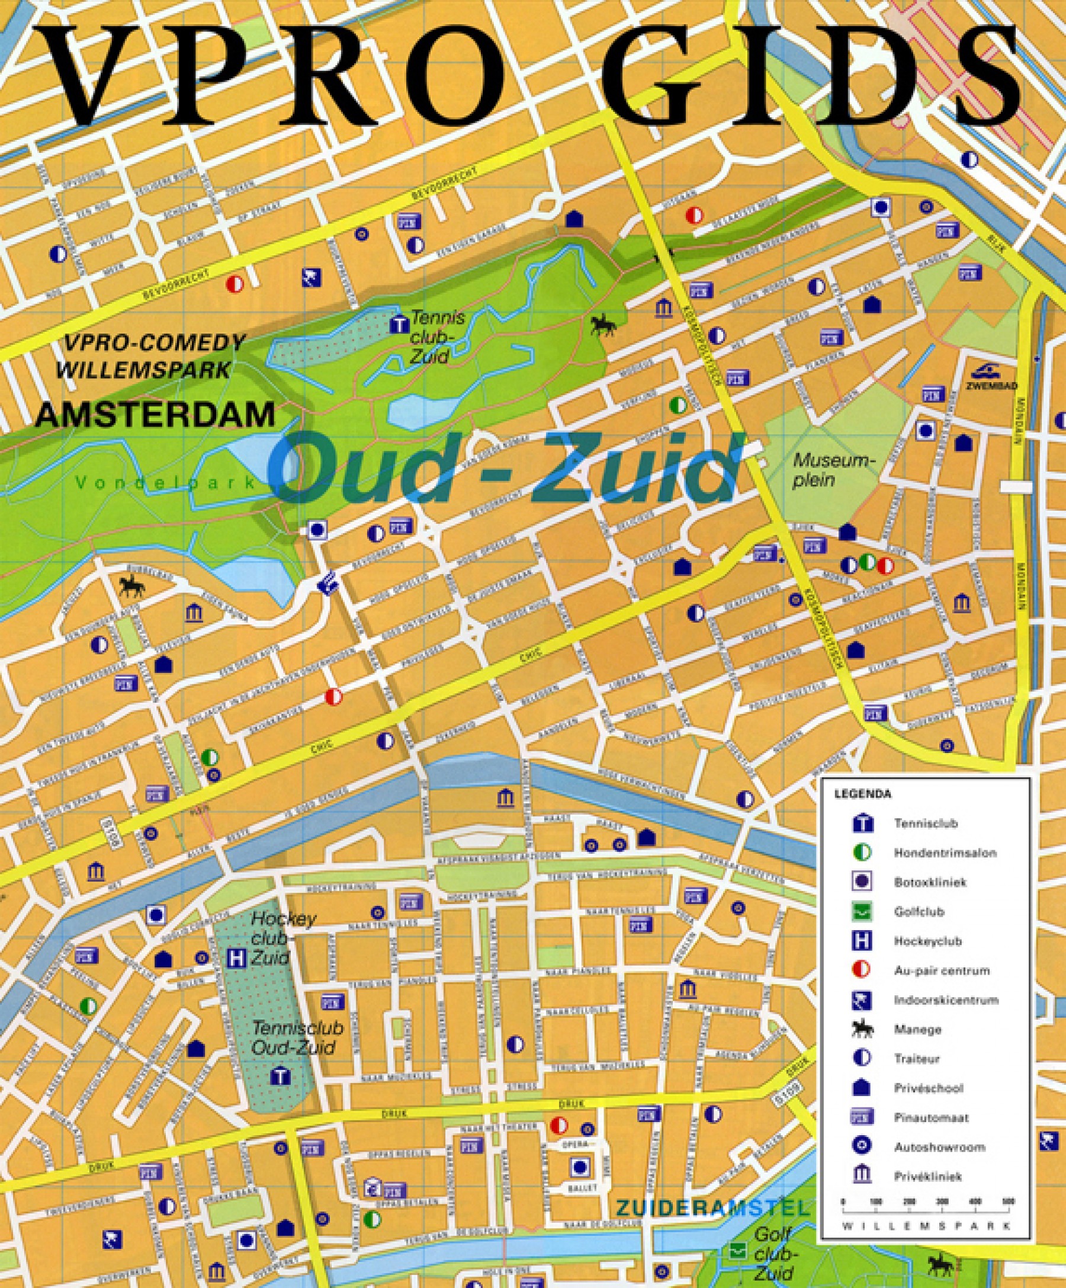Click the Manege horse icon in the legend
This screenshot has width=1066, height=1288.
click(x=861, y=1029)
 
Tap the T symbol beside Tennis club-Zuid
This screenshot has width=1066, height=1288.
click(x=399, y=323)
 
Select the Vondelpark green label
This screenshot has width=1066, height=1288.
click(x=165, y=483)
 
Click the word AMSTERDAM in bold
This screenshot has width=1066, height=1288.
click(x=155, y=415)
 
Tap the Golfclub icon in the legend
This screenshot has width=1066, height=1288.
click(x=861, y=911)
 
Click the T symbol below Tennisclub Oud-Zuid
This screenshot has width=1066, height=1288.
click(x=280, y=1076)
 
